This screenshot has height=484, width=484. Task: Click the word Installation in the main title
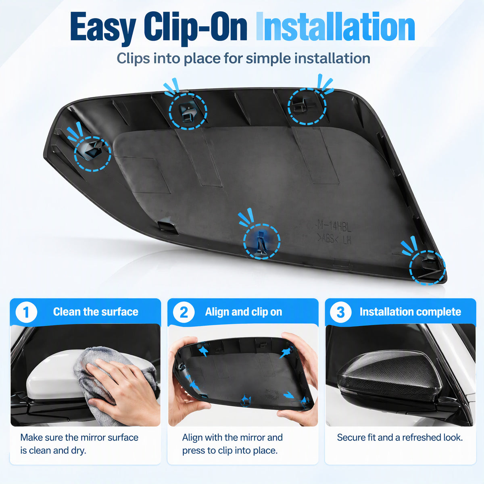coord(335,26)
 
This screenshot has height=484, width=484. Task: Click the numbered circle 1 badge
coord(26,312)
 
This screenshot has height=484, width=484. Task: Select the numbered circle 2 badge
coord(184,312)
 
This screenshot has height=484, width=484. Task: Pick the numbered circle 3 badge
coord(340,312)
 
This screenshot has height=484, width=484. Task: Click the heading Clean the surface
coord(96,312)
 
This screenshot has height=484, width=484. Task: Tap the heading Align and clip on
coord(243,312)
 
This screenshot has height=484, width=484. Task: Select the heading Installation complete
coord(410,312)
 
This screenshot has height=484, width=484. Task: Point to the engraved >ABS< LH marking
coord(334,240)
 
